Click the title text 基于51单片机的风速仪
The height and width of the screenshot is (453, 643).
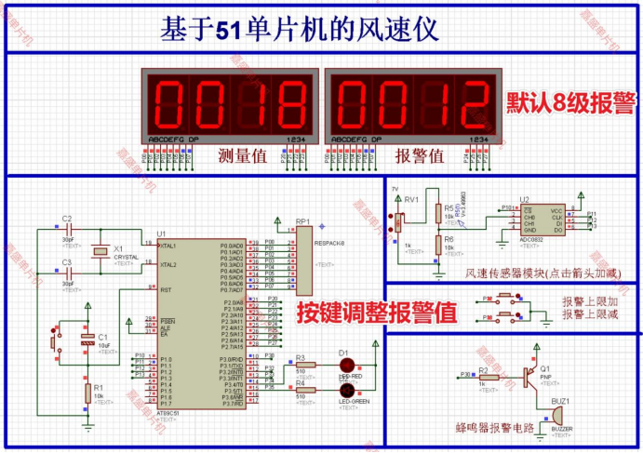[299, 29]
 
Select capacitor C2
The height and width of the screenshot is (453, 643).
[67, 230]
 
